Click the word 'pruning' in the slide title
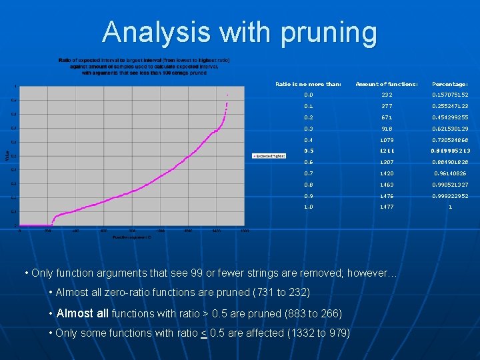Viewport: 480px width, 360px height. click(326, 31)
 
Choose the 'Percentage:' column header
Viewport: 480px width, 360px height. click(450, 84)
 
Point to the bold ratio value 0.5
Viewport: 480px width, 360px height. click(308, 151)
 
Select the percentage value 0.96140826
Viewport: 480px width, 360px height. click(450, 173)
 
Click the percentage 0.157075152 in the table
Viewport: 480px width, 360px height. click(450, 95)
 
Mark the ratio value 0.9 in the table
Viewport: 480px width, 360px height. click(308, 196)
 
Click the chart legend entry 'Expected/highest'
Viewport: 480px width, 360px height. click(269, 155)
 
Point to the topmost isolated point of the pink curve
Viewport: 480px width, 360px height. click(227, 95)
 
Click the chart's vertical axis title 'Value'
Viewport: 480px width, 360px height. click(8, 155)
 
